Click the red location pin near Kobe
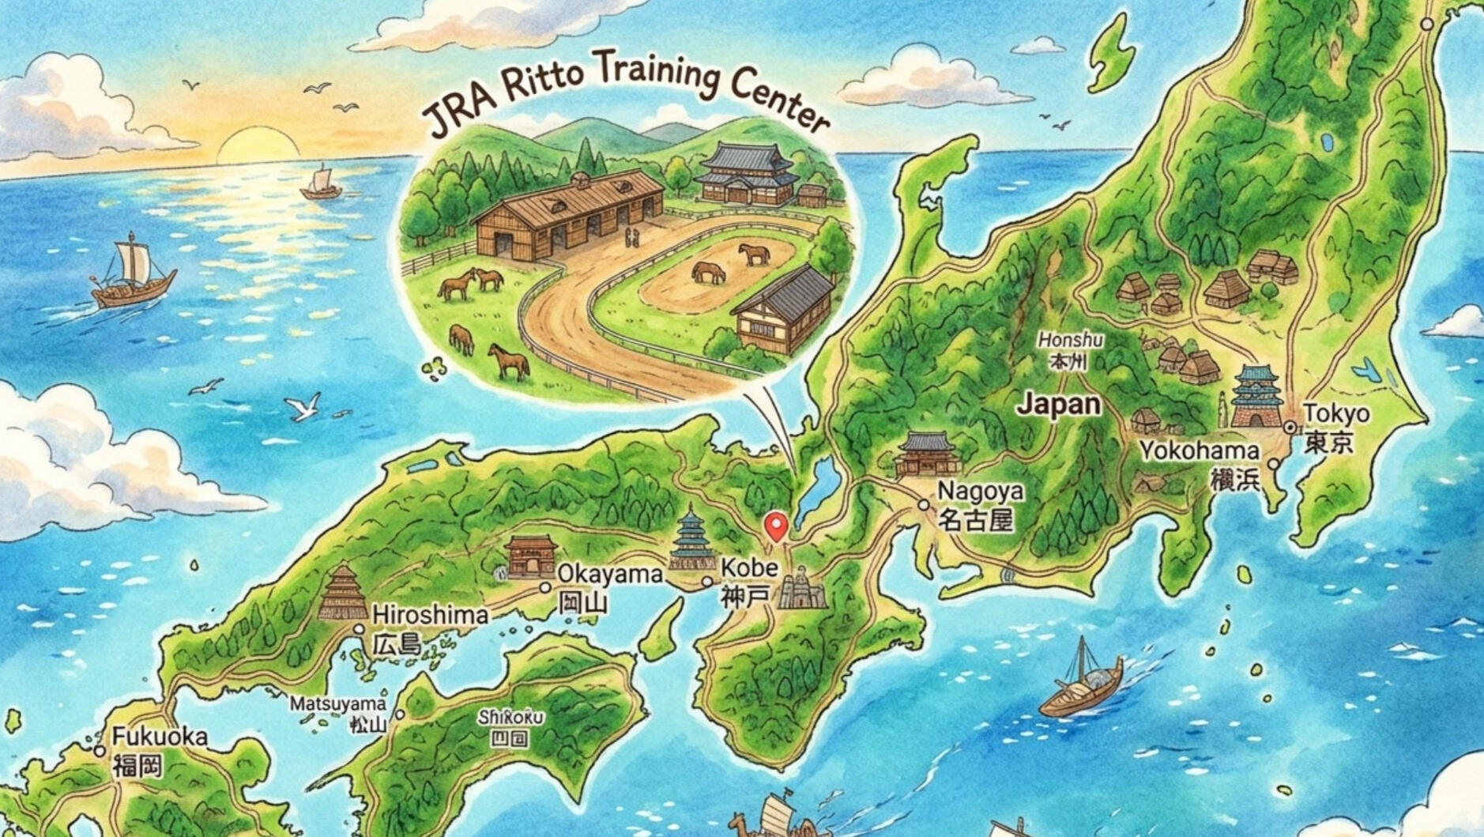[x=777, y=526]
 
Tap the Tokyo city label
[x=1336, y=414]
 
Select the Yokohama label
[x=1200, y=451]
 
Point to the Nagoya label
[x=980, y=492]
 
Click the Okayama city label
[x=609, y=574]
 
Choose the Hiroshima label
[x=430, y=616]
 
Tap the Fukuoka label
[x=160, y=737]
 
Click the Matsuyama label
[x=337, y=703]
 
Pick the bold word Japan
[x=1058, y=405]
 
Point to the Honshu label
[x=1071, y=340]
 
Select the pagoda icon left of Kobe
[x=691, y=540]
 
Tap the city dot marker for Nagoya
[x=923, y=504]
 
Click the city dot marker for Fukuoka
[x=100, y=751]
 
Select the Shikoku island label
[x=510, y=718]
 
